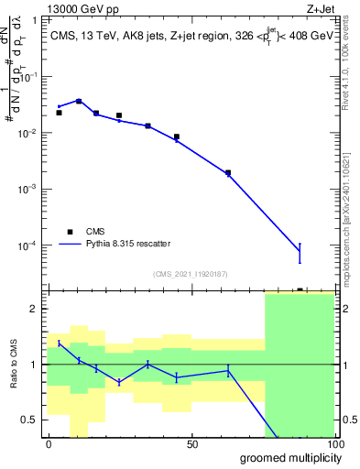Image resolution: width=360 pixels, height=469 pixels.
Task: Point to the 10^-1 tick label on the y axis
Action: click(30, 77)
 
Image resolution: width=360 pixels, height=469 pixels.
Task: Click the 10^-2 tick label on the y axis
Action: click(30, 134)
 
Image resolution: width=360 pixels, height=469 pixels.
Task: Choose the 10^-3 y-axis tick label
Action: click(30, 190)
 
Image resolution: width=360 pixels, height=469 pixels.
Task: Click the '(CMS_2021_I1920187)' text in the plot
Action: click(191, 273)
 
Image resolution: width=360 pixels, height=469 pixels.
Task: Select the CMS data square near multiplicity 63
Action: click(228, 172)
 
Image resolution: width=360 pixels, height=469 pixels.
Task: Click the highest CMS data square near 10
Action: click(79, 101)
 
